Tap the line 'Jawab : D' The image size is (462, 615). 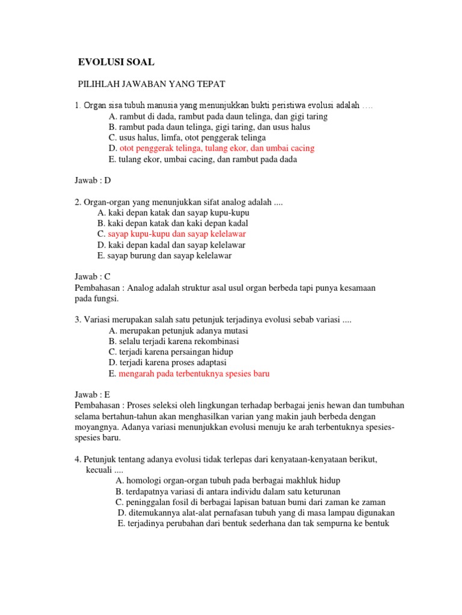click(x=93, y=180)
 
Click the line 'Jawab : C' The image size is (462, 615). click(x=93, y=277)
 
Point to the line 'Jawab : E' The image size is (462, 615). click(x=93, y=395)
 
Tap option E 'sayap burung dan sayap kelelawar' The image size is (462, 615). click(x=164, y=255)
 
